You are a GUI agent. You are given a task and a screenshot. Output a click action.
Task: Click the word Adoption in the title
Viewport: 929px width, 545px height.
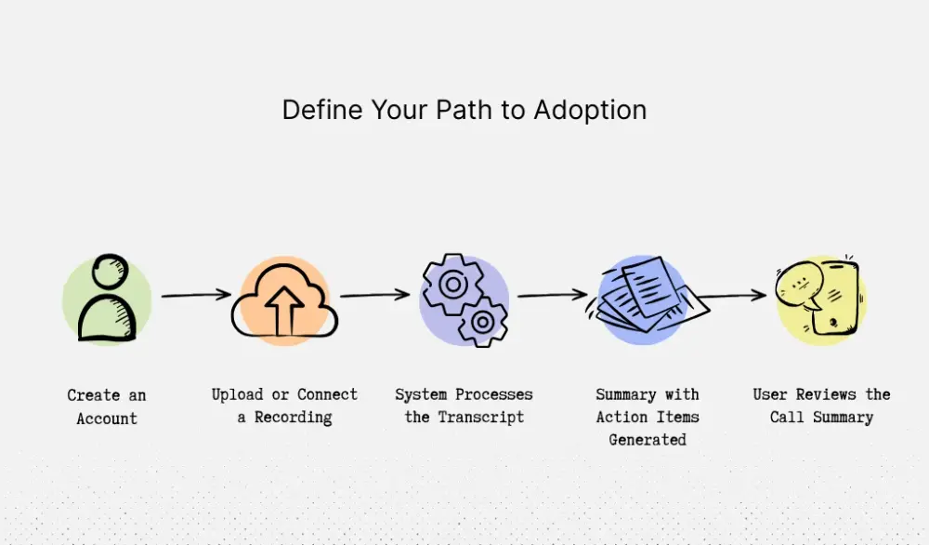pos(590,111)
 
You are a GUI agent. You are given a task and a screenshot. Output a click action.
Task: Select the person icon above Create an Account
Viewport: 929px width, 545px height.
pos(107,299)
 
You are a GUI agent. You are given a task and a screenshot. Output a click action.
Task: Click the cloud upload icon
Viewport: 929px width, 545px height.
pos(284,299)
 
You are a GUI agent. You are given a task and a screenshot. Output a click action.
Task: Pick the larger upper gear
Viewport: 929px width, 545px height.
pos(452,283)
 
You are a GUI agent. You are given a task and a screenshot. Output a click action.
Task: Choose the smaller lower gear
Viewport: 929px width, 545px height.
pos(482,322)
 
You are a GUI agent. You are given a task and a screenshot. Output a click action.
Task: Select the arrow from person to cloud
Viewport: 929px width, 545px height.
pos(196,296)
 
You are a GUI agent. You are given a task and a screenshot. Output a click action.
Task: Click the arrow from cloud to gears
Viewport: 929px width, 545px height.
pos(374,296)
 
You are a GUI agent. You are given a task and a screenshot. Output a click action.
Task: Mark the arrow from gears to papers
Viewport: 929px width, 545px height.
pos(552,296)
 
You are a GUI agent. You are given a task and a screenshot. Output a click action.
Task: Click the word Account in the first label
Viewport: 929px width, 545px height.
pos(107,419)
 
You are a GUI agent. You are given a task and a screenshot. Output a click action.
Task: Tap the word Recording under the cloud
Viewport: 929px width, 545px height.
pos(293,417)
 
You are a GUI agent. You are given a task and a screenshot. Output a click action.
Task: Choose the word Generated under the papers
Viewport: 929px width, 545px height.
pos(648,439)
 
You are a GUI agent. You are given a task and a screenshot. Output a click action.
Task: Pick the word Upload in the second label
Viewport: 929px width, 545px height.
pos(237,394)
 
